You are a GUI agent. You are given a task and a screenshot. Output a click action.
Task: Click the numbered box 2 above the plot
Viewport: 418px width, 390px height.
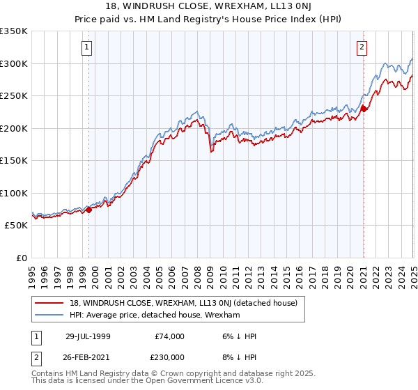[x=362, y=47]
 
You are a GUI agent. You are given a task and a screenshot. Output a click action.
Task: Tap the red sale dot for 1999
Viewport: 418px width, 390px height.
[x=89, y=210]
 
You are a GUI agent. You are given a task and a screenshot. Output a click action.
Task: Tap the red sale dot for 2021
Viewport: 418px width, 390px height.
[x=364, y=108]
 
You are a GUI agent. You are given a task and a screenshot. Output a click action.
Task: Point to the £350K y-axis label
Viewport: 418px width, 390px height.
[x=14, y=31]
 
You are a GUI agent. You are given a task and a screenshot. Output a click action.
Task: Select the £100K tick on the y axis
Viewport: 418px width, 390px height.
[x=14, y=193]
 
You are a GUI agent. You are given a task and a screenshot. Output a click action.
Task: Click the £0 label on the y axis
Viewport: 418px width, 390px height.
[x=22, y=258]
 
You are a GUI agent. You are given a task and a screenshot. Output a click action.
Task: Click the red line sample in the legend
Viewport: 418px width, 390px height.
[x=49, y=303]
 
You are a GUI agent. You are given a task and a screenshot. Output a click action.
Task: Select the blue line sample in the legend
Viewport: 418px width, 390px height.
[x=49, y=315]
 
